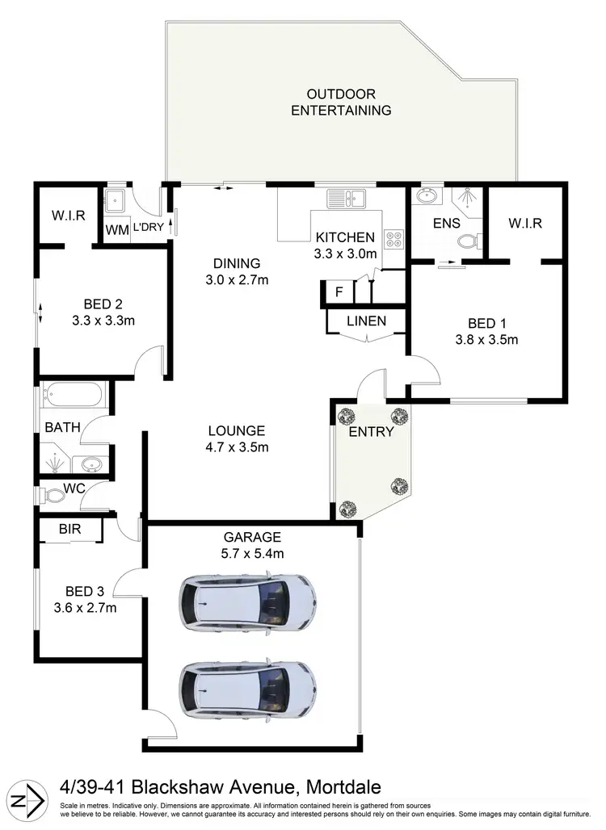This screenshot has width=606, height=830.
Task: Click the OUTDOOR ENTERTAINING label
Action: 341,102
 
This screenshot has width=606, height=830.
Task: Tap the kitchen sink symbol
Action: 346,196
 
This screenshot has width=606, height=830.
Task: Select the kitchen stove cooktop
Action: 393,238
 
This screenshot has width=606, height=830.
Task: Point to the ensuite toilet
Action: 469,240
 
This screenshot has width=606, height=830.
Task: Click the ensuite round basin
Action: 425,196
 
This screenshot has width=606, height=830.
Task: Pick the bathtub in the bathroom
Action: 72,396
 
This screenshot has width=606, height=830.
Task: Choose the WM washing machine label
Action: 118,229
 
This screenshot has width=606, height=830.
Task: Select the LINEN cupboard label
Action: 366,321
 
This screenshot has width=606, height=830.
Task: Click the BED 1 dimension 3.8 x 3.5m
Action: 486,339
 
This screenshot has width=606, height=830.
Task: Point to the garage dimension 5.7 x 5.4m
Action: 253,553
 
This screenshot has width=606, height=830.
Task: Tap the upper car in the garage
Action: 246,602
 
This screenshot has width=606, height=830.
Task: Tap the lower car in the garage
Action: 246,690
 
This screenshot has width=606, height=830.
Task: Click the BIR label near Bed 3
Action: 69,530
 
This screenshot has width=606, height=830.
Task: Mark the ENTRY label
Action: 371,432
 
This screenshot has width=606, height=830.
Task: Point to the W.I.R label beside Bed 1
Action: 525,223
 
